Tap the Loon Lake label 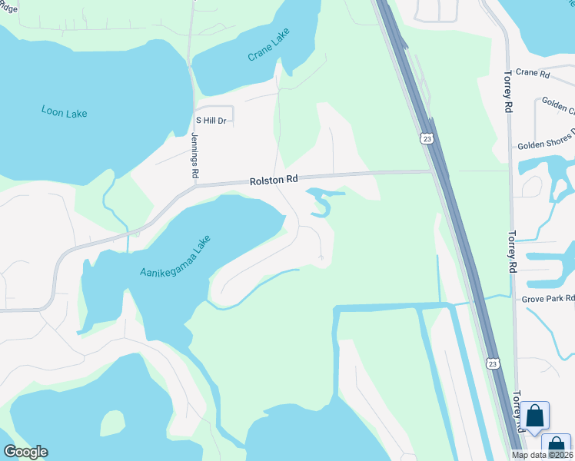pyautogui.click(x=64, y=112)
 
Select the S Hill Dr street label pyautogui.click(x=211, y=121)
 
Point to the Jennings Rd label pyautogui.click(x=194, y=156)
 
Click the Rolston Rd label pyautogui.click(x=273, y=180)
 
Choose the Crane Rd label pyautogui.click(x=533, y=74)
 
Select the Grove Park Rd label pyautogui.click(x=548, y=298)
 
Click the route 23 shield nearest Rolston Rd pyautogui.click(x=427, y=138)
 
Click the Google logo pyautogui.click(x=25, y=452)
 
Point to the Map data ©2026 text pyautogui.click(x=542, y=455)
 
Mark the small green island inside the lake pyautogui.click(x=112, y=422)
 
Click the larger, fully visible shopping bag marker pyautogui.click(x=535, y=416)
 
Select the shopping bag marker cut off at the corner pyautogui.click(x=557, y=446)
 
